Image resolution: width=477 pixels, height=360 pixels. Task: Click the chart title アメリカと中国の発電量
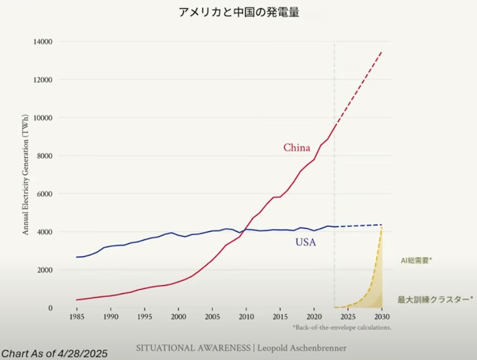click(238, 13)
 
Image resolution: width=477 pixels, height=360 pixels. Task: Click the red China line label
click(296, 148)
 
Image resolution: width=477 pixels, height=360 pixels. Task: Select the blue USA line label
click(306, 242)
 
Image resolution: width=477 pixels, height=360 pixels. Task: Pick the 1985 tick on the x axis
click(77, 316)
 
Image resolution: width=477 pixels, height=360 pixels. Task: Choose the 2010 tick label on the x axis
click(246, 316)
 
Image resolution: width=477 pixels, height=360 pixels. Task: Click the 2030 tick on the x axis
click(381, 316)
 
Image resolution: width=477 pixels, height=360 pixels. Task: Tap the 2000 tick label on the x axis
click(178, 316)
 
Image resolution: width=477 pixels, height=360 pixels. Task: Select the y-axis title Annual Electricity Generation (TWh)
click(25, 175)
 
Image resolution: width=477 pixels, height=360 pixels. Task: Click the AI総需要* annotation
click(416, 261)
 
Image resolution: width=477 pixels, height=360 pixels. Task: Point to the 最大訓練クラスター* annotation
click(435, 299)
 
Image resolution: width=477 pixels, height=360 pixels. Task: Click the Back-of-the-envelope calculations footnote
click(342, 328)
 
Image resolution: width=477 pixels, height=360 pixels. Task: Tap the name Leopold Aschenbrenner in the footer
click(303, 348)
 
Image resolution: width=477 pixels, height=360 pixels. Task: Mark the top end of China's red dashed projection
click(381, 52)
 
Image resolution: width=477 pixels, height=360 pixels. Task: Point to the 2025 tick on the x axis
click(348, 316)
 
